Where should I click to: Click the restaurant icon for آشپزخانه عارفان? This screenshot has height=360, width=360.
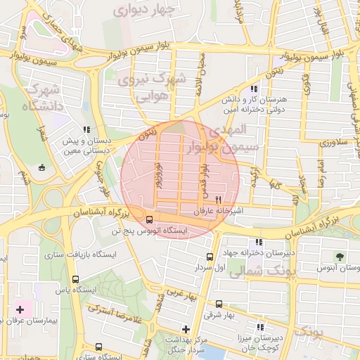coord(218,200)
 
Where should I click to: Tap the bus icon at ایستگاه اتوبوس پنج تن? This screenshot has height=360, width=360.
coord(148,219)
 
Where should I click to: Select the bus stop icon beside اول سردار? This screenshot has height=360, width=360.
coord(210,257)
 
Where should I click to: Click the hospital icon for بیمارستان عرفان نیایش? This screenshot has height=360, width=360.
coord(20,309)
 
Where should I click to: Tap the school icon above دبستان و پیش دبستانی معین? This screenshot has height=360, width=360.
coord(86,129)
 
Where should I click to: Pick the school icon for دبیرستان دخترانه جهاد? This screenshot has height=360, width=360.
coord(259,241)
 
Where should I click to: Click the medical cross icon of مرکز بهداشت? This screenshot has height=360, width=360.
coord(185,328)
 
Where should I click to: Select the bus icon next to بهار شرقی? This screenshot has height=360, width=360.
coord(219,304)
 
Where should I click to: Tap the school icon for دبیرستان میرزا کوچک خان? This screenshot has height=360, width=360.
coord(259,327)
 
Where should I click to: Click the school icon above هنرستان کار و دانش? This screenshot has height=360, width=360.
coord(253,89)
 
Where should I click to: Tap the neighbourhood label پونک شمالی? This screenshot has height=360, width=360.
coord(257,269)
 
